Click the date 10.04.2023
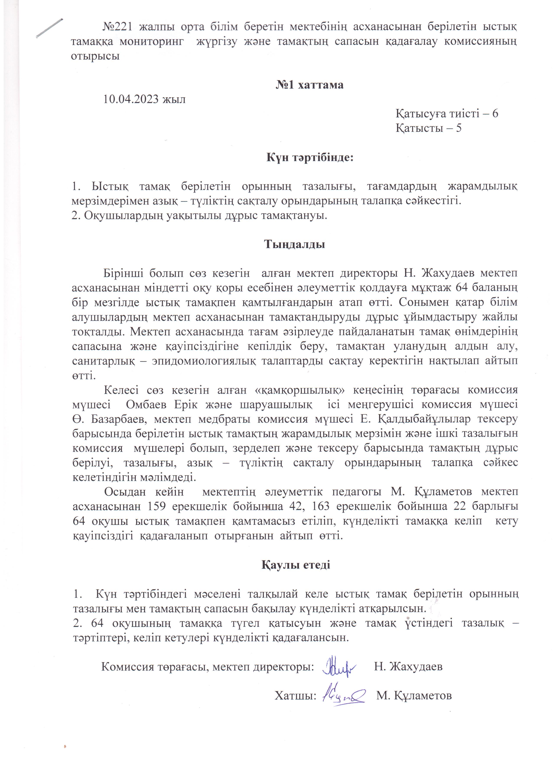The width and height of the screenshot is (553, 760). [132, 100]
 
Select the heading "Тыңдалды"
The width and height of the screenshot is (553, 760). [295, 244]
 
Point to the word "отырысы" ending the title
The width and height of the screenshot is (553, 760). [95, 56]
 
